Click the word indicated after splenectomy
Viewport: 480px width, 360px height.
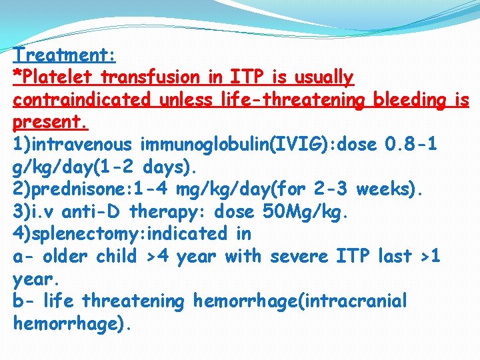pos(200,234)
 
